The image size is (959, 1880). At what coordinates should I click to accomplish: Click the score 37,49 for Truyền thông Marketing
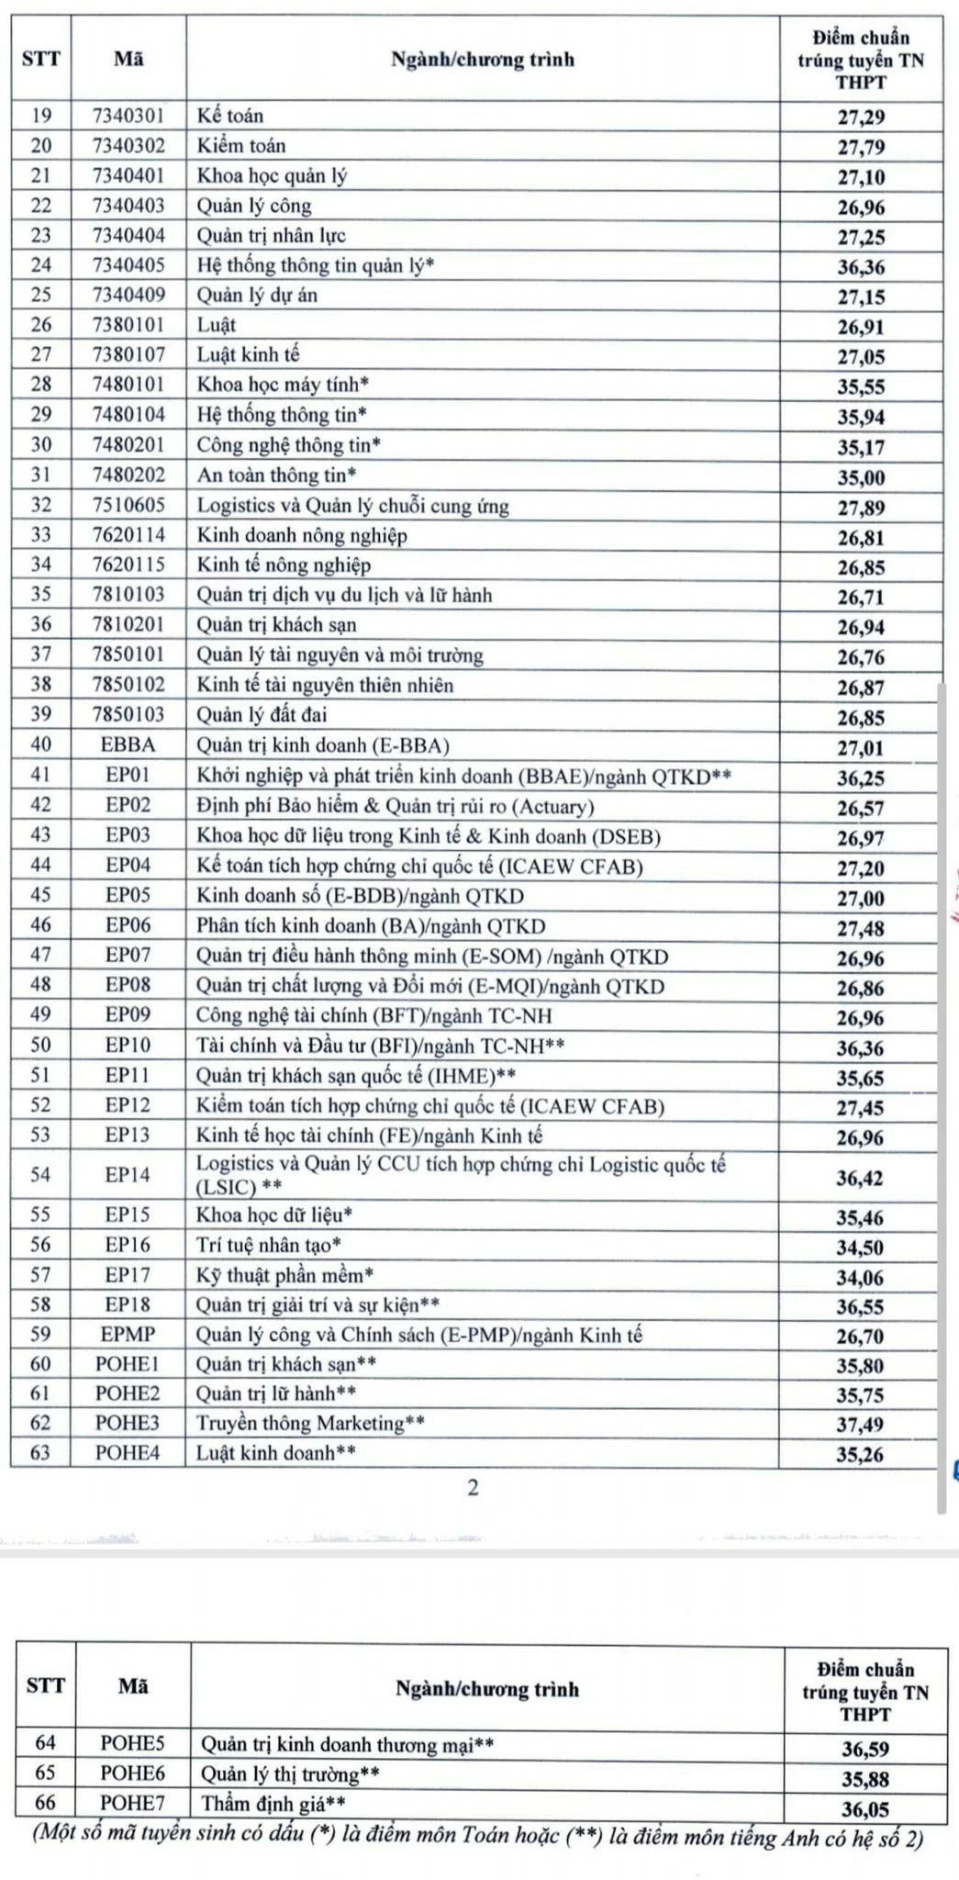(x=859, y=1425)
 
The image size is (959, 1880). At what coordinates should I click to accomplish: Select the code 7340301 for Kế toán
(x=128, y=116)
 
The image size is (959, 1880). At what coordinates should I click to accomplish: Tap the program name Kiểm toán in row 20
(x=241, y=145)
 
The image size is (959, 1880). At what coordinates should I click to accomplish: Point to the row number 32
(x=41, y=505)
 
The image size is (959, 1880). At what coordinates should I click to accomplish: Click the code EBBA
(x=128, y=744)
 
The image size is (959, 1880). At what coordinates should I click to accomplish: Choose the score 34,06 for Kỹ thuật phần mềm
(x=859, y=1275)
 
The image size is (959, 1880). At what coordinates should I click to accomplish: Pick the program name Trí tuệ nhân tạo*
(x=269, y=1245)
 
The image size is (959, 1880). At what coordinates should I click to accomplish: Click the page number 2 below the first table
(x=473, y=1488)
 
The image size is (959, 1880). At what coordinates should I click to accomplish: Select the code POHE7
(x=133, y=1805)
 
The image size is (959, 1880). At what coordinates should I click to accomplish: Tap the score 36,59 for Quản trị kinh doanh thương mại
(x=865, y=1749)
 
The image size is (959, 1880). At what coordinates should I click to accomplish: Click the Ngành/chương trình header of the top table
(x=483, y=60)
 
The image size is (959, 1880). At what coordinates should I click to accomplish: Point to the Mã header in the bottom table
(x=133, y=1686)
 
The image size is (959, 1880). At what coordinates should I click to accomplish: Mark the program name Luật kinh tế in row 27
(x=248, y=354)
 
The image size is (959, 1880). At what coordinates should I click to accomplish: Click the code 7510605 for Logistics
(x=128, y=505)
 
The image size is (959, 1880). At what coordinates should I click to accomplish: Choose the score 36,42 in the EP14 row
(x=859, y=1177)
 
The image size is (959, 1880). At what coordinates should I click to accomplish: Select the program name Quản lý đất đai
(x=262, y=714)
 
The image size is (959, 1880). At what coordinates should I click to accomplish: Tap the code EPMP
(x=128, y=1334)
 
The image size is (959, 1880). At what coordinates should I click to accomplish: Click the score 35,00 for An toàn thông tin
(x=860, y=477)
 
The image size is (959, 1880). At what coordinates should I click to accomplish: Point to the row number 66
(x=45, y=1805)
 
